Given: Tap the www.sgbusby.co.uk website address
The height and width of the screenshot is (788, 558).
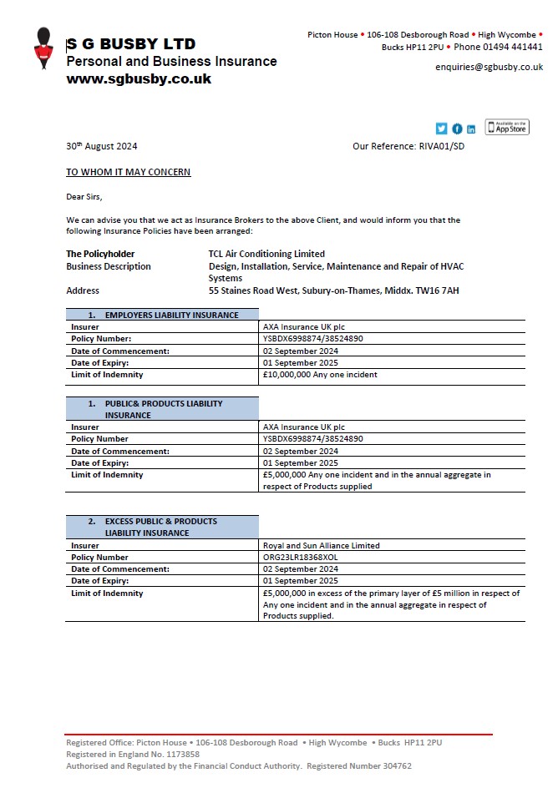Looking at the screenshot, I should click(138, 79).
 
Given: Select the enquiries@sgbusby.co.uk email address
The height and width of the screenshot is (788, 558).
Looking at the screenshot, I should click(489, 67).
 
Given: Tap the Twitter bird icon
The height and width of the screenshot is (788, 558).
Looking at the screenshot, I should click(442, 129).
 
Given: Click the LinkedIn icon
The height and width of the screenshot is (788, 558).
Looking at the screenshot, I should click(471, 129).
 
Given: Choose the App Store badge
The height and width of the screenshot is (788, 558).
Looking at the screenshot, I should click(507, 127).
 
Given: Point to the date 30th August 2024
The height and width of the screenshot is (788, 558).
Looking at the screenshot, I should click(101, 146).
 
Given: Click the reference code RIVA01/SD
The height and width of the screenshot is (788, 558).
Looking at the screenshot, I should click(441, 146).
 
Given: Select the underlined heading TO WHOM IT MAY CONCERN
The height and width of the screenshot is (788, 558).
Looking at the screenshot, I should click(128, 172).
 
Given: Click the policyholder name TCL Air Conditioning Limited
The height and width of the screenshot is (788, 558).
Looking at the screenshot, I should click(266, 254).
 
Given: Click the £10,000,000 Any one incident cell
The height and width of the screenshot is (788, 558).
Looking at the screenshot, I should click(320, 375).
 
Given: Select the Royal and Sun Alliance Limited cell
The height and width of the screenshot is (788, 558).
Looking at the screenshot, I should click(321, 545).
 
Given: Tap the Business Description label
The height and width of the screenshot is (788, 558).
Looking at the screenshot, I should click(109, 266).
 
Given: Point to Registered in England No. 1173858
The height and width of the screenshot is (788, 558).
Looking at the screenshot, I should click(133, 754).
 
